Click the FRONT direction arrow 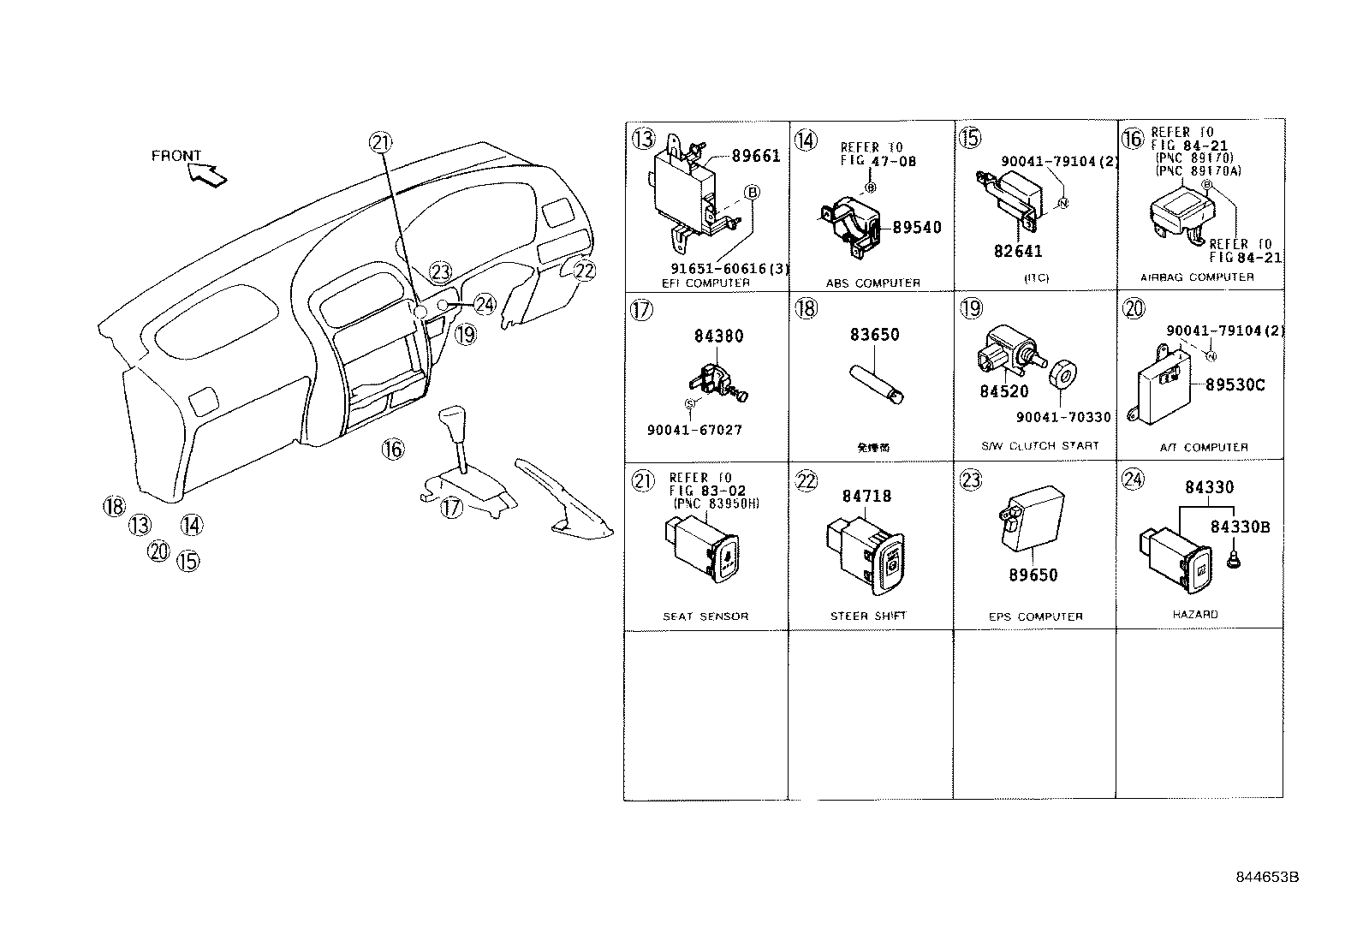[x=208, y=174]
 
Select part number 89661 [x=756, y=156]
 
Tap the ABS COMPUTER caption [x=872, y=283]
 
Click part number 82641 [x=1018, y=251]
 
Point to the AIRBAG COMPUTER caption [x=1197, y=277]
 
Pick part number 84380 [x=718, y=336]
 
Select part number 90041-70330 [x=1063, y=417]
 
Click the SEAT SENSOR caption [x=705, y=616]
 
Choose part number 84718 [x=866, y=496]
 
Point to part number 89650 [x=1033, y=575]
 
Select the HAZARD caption [x=1194, y=614]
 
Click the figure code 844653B [x=1267, y=878]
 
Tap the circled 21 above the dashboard [x=380, y=143]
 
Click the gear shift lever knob [x=452, y=424]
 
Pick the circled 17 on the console [x=451, y=508]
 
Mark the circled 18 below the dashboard [x=114, y=506]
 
